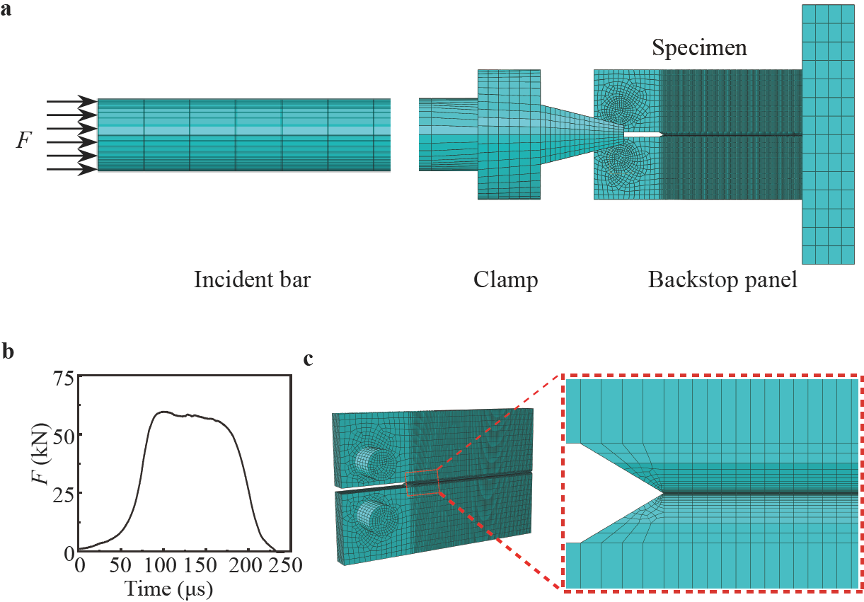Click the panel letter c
(x=309, y=360)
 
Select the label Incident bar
(x=253, y=281)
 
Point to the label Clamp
(x=506, y=281)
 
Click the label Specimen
(x=699, y=49)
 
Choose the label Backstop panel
(x=722, y=281)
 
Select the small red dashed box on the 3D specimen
(x=422, y=482)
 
